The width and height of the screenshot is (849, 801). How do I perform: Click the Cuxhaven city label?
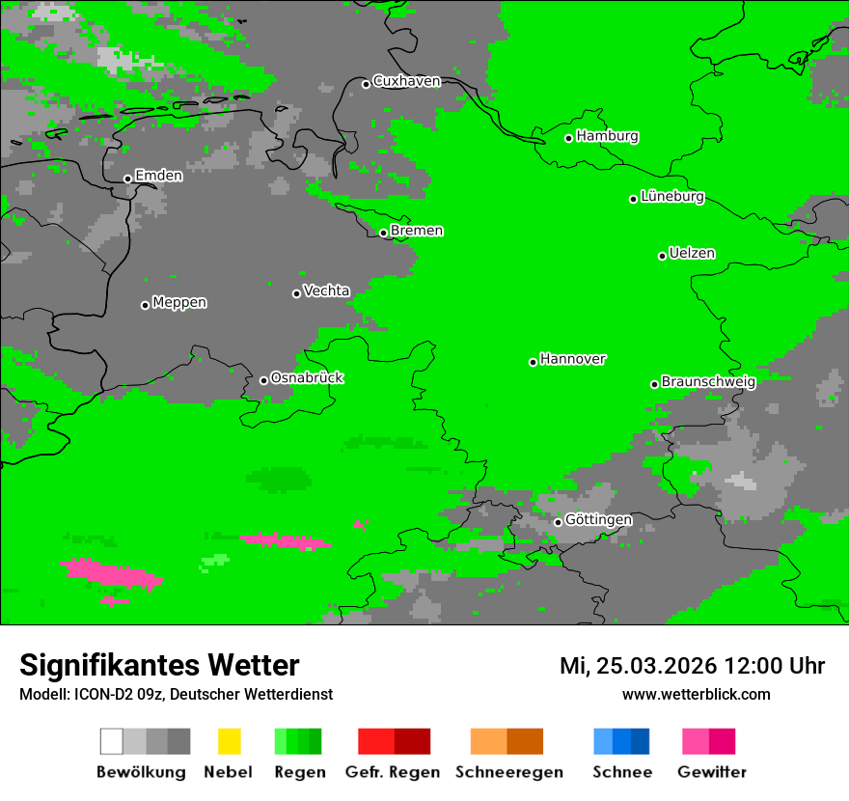point(406,81)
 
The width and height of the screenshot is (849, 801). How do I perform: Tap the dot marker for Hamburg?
point(569,138)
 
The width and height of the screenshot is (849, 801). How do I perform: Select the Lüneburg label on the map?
point(672,197)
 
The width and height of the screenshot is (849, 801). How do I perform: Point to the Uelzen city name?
point(692,254)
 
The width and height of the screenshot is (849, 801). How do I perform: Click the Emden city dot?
point(127,179)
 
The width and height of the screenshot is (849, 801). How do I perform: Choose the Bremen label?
point(417,231)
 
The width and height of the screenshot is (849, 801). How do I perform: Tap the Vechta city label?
point(326,290)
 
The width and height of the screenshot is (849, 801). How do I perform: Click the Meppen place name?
point(179,303)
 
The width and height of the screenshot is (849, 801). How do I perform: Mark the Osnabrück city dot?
point(263,380)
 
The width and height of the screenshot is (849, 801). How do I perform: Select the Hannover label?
point(573,359)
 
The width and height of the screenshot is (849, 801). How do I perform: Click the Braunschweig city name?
point(708,381)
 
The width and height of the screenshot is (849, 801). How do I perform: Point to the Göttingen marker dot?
point(558,522)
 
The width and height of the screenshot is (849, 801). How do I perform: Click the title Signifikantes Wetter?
point(159,665)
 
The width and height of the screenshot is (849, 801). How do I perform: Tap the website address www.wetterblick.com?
point(696,694)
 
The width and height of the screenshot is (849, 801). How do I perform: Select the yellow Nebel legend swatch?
point(229,741)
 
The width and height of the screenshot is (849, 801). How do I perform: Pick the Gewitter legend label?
point(712,772)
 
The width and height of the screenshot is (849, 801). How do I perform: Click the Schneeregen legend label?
point(508,772)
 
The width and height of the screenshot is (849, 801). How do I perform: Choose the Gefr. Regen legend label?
point(393,772)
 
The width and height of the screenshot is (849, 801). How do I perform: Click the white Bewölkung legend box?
point(112,741)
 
